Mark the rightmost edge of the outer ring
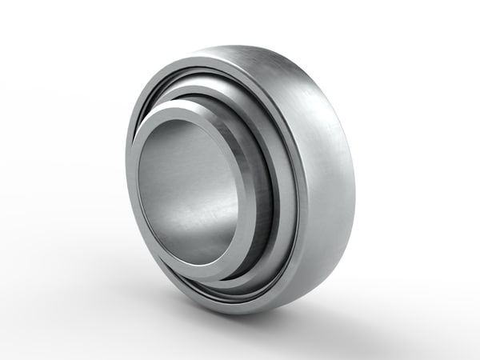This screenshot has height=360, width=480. [357, 172]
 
